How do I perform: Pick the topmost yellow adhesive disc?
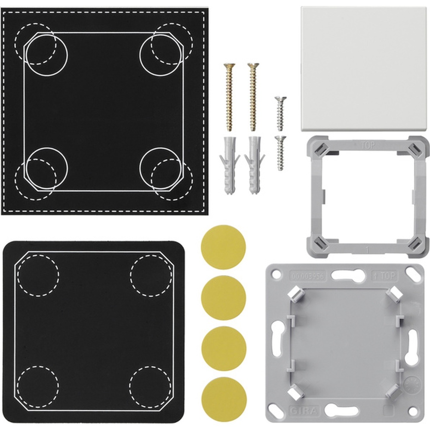tap(223, 247)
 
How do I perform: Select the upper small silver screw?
tap(280, 113)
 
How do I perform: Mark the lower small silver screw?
tap(280, 153)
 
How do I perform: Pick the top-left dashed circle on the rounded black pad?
tap(38, 275)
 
